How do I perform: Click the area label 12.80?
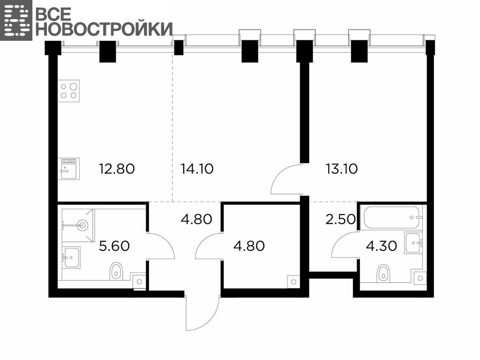click(117, 169)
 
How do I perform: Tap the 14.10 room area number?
click(197, 169)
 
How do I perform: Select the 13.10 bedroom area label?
click(342, 169)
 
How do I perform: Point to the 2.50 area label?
click(340, 219)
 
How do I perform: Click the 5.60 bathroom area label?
click(114, 246)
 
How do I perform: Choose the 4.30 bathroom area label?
click(382, 246)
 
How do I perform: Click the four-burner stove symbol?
click(68, 91)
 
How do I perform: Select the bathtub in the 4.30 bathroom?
click(391, 217)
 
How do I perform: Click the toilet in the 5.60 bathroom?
click(116, 270)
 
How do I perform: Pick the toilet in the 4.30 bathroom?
click(383, 273)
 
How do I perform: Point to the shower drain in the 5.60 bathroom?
click(82, 225)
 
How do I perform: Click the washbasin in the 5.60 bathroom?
click(71, 257)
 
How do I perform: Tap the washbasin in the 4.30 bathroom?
click(414, 243)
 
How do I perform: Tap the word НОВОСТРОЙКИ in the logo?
click(104, 29)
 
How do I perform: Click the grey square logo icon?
click(16, 20)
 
